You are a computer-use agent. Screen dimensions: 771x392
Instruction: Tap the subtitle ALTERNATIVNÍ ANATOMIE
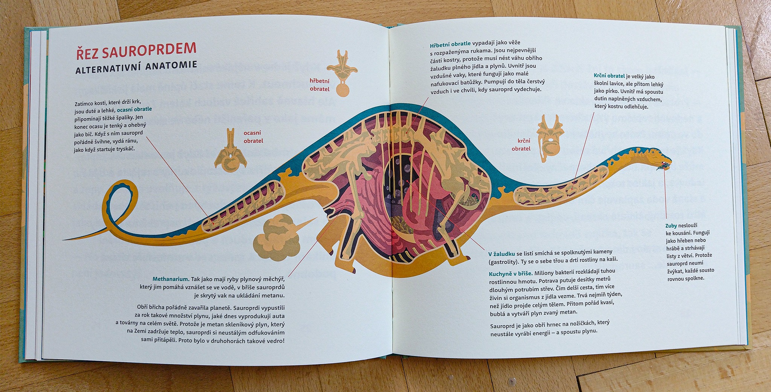click(136, 68)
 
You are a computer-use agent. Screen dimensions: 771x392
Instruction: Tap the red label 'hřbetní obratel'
click(319, 85)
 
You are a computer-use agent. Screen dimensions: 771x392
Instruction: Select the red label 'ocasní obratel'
click(253, 137)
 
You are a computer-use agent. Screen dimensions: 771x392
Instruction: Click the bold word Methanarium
click(171, 279)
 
